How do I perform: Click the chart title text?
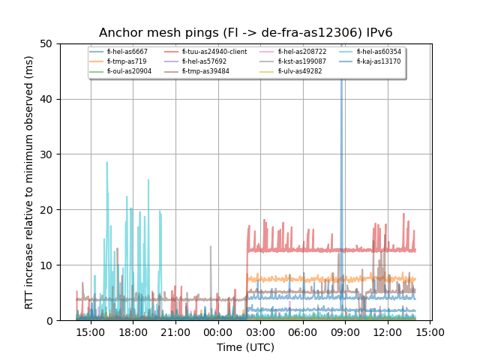245,33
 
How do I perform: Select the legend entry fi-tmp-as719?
126,61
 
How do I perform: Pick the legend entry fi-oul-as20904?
129,71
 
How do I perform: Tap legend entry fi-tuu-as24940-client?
214,52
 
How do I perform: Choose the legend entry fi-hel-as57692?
204,61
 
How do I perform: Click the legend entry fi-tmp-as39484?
205,71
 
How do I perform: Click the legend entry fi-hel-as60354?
379,52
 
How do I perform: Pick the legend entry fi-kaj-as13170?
379,61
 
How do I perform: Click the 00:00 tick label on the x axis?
217,331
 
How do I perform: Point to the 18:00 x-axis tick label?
133,331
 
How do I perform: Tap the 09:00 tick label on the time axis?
343,331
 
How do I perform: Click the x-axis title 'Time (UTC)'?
245,347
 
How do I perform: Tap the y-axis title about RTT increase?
29,181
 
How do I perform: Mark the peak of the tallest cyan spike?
106,162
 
